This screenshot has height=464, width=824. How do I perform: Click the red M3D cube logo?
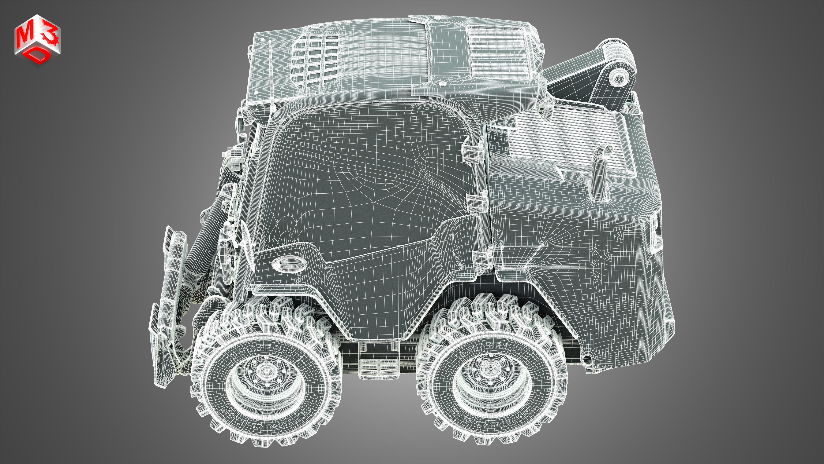[37, 40]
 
